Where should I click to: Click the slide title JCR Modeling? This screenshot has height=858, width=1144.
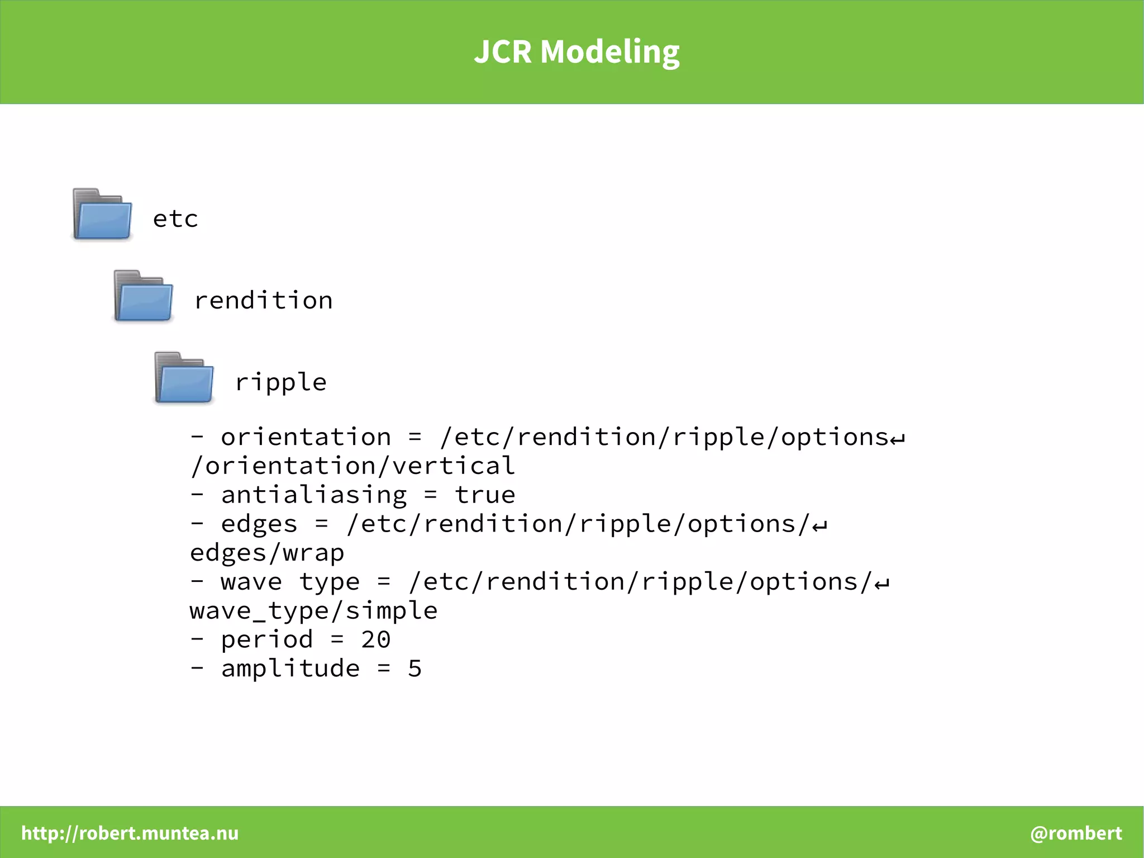[576, 52]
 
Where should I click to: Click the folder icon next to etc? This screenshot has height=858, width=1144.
[103, 215]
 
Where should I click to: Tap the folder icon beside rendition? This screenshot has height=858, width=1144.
[144, 297]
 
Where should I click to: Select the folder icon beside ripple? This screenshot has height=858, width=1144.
[184, 378]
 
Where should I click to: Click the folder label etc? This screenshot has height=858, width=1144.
[175, 219]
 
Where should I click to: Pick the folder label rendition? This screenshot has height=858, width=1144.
[263, 301]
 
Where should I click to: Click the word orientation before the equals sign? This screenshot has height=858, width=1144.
[306, 437]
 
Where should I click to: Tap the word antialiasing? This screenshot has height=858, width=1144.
[313, 495]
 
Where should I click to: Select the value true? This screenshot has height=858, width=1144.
[485, 495]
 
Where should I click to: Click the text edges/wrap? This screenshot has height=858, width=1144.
[267, 553]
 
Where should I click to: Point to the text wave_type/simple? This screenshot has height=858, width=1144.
[313, 611]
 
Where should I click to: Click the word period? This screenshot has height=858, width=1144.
[267, 640]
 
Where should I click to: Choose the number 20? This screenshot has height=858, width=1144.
[375, 640]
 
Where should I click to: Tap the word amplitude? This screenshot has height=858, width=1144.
[290, 669]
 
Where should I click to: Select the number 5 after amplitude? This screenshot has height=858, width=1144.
[414, 669]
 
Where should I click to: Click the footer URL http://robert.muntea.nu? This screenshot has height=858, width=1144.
[130, 833]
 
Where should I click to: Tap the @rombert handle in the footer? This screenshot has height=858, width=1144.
[1076, 833]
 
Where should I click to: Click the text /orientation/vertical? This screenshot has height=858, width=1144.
[352, 466]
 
